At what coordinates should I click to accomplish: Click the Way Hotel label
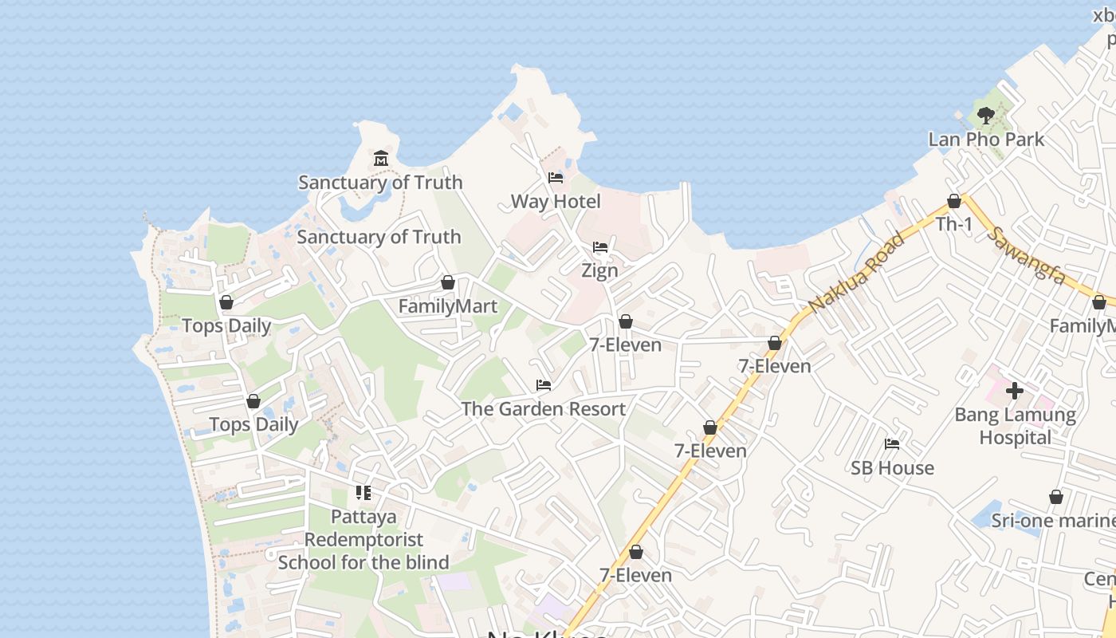coord(556,202)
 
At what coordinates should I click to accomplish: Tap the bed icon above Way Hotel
coord(556,177)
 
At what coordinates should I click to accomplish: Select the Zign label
coord(599,270)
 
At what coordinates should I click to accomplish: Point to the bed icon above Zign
coord(600,247)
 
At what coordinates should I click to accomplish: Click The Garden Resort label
coord(544,409)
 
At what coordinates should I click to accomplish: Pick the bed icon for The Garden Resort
coord(544,385)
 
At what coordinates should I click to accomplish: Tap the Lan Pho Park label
coord(986,140)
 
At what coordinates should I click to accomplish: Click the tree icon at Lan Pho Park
coord(986,116)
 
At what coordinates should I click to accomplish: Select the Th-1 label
coord(954,224)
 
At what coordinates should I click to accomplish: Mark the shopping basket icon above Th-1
coord(954,201)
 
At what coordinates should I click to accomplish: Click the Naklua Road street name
coord(858,272)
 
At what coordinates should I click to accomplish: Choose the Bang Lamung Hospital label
coord(1015,426)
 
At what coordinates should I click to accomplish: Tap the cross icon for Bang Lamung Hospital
coord(1015,391)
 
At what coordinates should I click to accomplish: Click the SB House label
coord(892,468)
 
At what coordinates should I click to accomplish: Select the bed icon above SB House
coord(892,444)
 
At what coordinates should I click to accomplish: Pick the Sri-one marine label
coord(1052,521)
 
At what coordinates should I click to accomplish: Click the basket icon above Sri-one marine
coord(1056,497)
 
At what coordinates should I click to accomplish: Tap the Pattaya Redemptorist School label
coord(363,539)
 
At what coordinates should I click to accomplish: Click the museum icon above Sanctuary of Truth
coord(381,158)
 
